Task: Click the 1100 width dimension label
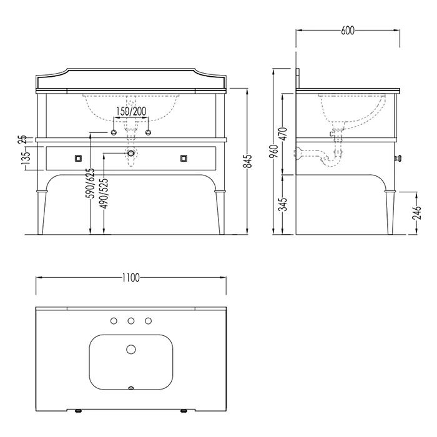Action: pyautogui.click(x=130, y=278)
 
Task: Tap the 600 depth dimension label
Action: pyautogui.click(x=348, y=31)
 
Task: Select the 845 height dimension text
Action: pyautogui.click(x=247, y=161)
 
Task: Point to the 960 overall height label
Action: pyautogui.click(x=274, y=151)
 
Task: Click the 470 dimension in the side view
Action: pyautogui.click(x=283, y=134)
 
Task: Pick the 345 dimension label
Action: pyautogui.click(x=283, y=204)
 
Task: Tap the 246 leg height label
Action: pyautogui.click(x=417, y=213)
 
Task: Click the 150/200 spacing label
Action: pyautogui.click(x=131, y=111)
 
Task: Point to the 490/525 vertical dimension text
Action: pyautogui.click(x=104, y=194)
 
